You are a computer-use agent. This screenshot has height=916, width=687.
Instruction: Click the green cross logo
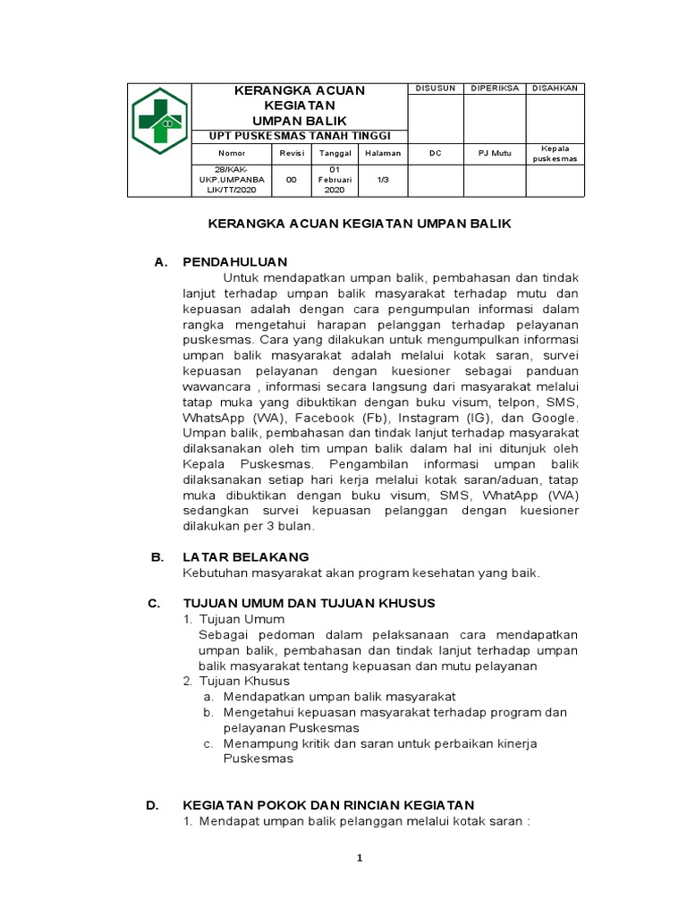[157, 120]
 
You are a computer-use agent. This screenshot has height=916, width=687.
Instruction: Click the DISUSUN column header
[435, 88]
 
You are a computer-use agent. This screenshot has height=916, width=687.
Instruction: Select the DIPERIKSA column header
[494, 88]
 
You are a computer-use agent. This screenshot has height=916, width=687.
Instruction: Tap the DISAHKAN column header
[555, 88]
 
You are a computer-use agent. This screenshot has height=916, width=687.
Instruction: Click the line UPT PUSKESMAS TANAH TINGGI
[300, 136]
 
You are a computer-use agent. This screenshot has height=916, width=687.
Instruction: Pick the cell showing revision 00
[291, 179]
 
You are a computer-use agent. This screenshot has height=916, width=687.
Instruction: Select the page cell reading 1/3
[382, 179]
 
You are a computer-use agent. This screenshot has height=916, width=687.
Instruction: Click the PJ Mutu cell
[494, 153]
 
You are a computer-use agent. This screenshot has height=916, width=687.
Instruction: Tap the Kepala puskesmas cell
[555, 153]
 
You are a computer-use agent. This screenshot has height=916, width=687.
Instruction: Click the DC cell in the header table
[435, 153]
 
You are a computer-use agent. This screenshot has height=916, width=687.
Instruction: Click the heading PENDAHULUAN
[234, 262]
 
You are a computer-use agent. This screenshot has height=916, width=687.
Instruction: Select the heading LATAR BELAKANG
[246, 556]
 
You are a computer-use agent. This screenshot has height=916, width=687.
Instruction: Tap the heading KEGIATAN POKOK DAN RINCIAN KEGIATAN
[328, 805]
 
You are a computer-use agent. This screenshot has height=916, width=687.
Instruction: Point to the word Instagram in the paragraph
[429, 418]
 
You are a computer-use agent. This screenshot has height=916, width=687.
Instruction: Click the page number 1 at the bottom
[359, 859]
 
